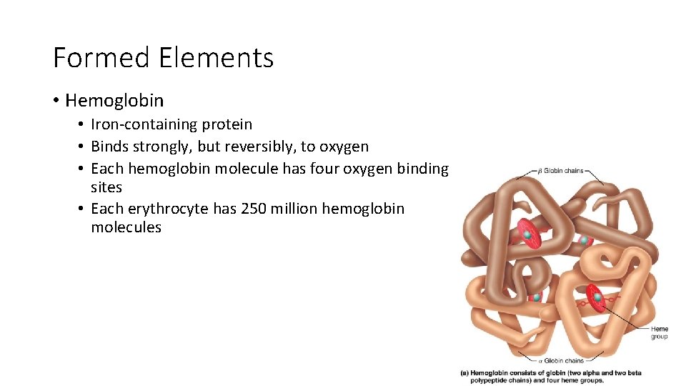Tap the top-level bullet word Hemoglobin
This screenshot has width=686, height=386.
click(114, 101)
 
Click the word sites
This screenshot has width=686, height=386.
click(106, 187)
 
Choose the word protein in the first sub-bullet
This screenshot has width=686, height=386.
click(227, 124)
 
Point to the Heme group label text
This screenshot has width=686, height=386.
click(660, 332)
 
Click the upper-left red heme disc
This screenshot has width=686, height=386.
click(527, 234)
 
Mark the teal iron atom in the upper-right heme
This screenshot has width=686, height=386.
click(584, 241)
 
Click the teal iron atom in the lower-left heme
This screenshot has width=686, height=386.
click(536, 297)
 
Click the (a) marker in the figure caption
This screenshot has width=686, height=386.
click(465, 372)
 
